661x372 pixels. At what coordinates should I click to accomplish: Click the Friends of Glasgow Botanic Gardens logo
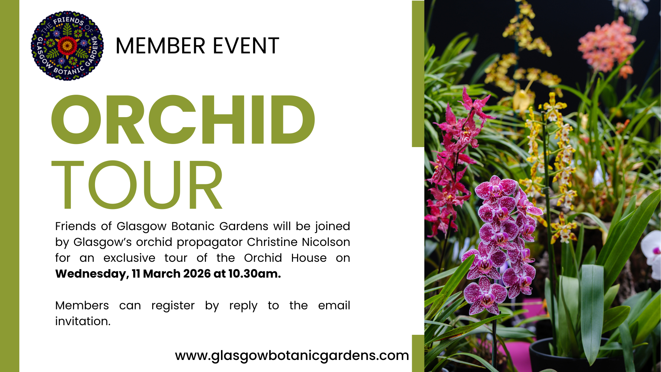67,46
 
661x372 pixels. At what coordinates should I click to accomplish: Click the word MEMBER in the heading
161,46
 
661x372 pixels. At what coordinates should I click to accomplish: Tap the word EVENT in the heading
246,46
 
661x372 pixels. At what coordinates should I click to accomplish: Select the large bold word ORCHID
183,119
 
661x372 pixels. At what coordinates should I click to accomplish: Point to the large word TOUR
137,185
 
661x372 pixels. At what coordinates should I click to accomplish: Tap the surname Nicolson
326,242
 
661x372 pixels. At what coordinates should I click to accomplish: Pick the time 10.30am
254,273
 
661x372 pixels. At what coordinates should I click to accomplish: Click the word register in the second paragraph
173,306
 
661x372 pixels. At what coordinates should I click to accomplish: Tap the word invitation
83,321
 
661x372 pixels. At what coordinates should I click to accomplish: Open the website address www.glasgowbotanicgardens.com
292,355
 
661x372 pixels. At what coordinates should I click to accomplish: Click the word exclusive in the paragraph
129,258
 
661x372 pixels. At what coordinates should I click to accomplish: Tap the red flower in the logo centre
67,45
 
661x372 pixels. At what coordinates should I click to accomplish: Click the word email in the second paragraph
334,305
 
